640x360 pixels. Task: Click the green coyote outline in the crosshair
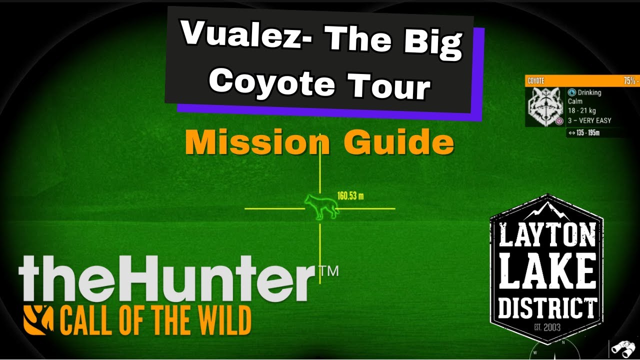tap(322, 206)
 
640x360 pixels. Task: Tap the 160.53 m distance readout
tap(350, 196)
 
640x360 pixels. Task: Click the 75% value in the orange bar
tap(630, 81)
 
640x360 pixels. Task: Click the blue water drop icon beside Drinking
tap(571, 92)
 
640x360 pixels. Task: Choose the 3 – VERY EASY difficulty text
tap(589, 120)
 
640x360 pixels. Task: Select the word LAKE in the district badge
tap(547, 274)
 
